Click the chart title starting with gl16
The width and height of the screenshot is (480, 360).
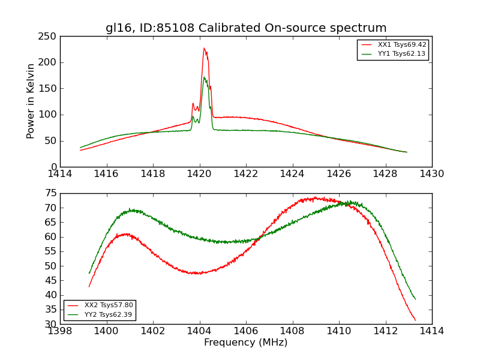pyautogui.click(x=246, y=28)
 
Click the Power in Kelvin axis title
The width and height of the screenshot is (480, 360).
pyautogui.click(x=31, y=101)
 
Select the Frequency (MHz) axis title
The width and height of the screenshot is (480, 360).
pyautogui.click(x=245, y=343)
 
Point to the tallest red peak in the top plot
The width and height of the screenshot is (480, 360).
pyautogui.click(x=204, y=49)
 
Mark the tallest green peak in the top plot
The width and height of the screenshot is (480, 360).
pyautogui.click(x=204, y=77)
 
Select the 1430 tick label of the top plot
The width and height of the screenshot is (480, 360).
pyautogui.click(x=431, y=174)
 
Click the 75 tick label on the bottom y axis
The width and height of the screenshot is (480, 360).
pyautogui.click(x=50, y=193)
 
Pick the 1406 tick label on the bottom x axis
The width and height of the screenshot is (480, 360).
pyautogui.click(x=245, y=331)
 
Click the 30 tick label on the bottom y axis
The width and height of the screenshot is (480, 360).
pyautogui.click(x=50, y=324)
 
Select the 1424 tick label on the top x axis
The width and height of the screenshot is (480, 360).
pyautogui.click(x=292, y=174)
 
